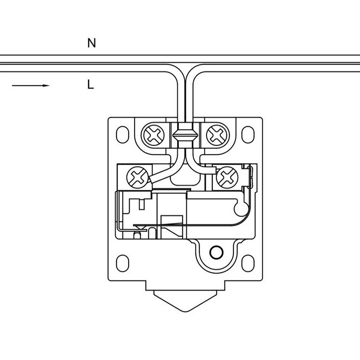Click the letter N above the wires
coord(92,43)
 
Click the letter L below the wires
coord(91,84)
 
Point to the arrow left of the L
coord(30,85)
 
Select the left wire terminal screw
coord(136,177)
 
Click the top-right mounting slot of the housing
coord(247,134)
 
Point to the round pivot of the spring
coord(241,207)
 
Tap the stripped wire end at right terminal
coord(210,171)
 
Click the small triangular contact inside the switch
coord(138,228)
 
